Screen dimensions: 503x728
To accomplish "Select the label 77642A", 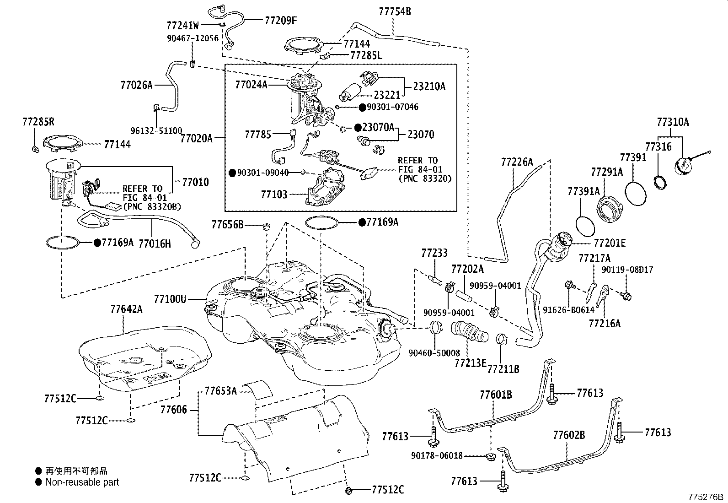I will (126, 309).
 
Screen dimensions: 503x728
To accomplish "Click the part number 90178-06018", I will (437, 455).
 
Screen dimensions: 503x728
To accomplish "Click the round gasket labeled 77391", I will (636, 194).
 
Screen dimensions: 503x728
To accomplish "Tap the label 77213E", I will (470, 363).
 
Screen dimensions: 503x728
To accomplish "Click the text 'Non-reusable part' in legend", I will (82, 482).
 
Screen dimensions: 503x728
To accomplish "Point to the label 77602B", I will (569, 435).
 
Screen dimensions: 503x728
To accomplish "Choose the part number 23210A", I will (429, 86).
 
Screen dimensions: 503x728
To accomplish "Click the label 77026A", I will (136, 85).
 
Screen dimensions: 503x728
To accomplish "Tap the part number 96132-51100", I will (156, 130).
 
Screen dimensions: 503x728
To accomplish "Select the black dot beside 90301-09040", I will (232, 173).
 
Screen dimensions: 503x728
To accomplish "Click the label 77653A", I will (220, 390).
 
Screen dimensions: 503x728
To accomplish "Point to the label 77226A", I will (517, 162).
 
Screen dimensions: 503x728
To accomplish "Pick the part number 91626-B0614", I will (568, 310).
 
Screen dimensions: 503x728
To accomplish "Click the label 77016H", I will (155, 243).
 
